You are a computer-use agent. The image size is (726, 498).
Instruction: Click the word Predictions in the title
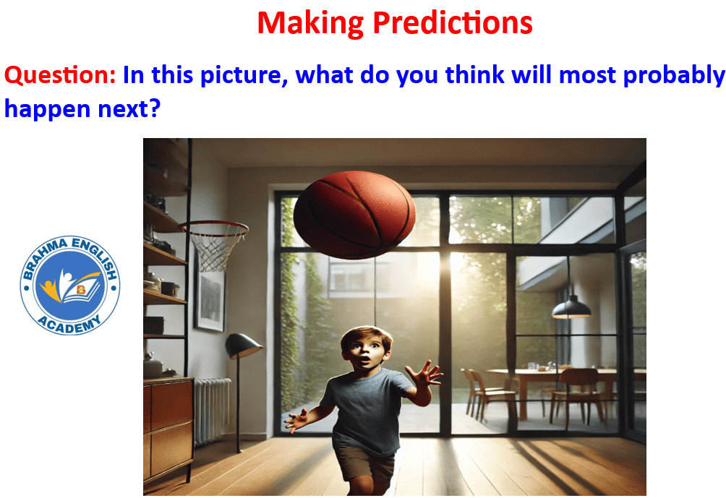point(453,22)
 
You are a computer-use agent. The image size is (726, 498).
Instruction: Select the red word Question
point(60,75)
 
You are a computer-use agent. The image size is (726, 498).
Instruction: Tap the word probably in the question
point(674,75)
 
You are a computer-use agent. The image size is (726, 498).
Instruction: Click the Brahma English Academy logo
point(70,285)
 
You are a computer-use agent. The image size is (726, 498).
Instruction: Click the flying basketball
point(354,215)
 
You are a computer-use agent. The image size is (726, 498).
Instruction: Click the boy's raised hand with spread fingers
point(424,374)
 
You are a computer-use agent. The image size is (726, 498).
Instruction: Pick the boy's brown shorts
point(365,465)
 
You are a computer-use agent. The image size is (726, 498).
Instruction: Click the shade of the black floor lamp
point(242,345)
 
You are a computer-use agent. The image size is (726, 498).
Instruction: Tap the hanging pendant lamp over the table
point(571,308)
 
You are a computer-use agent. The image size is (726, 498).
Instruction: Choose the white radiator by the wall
point(212,411)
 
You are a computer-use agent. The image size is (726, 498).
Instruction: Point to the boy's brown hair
point(365,336)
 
